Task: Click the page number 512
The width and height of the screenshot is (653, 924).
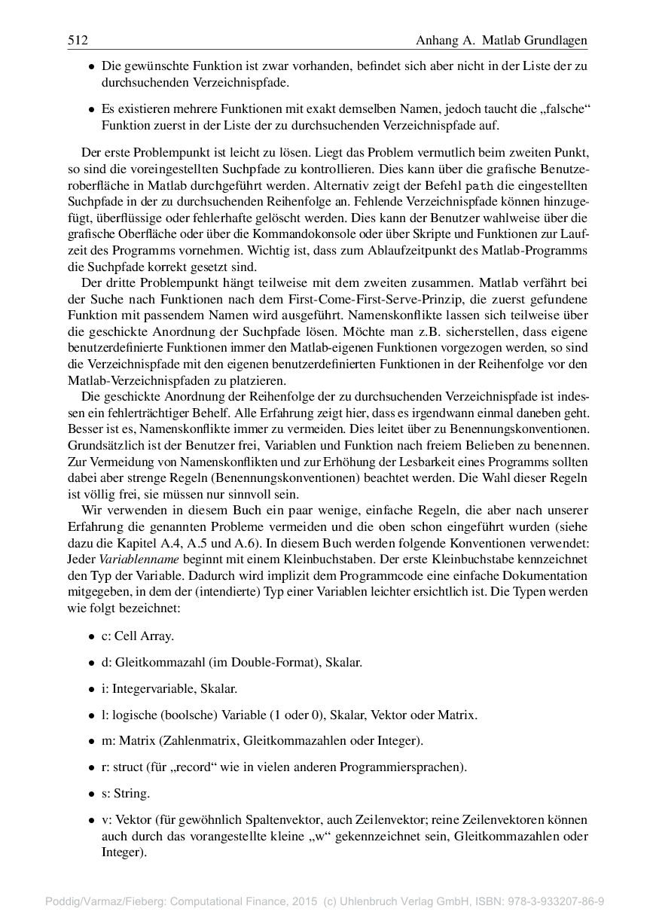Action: (x=78, y=39)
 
